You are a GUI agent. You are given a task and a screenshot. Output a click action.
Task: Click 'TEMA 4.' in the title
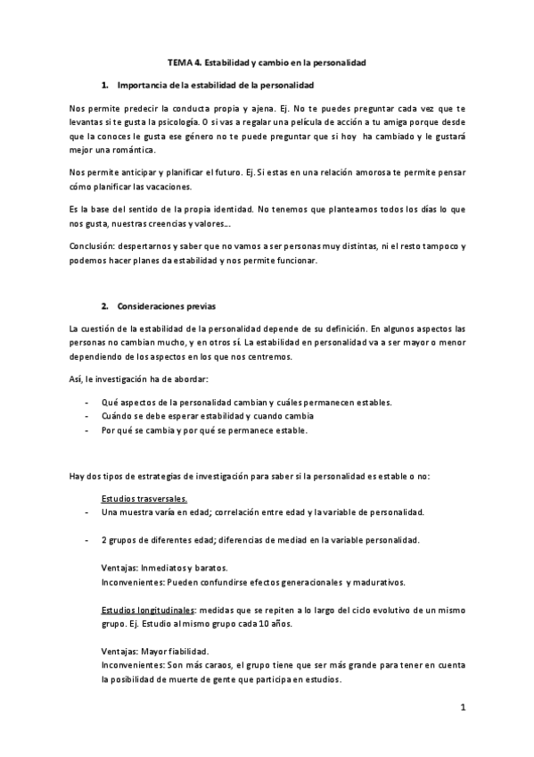185,63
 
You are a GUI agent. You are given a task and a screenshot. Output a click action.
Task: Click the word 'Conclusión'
92,244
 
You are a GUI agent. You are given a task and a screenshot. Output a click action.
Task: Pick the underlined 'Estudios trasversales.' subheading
143,497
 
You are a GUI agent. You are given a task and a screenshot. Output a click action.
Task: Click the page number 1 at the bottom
464,710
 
